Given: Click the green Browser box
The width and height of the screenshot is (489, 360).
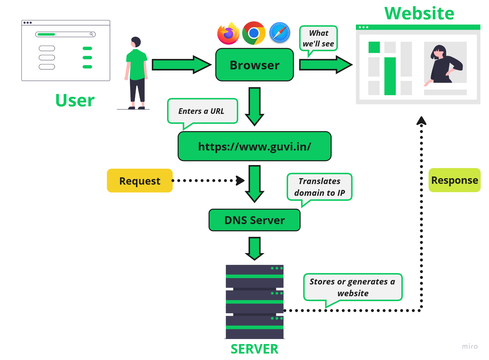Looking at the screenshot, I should coord(254,65).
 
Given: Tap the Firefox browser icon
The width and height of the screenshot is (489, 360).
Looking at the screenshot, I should coord(228,33).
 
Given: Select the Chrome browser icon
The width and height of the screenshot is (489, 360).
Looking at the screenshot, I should coord(254,33).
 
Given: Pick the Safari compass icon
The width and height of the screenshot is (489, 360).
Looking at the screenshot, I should coord(280,33).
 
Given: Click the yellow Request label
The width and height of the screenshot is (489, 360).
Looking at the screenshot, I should coord(140,181).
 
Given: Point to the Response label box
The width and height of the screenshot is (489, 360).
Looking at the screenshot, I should coord(454,180).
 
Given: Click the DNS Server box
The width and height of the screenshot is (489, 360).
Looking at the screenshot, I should coord(254,220).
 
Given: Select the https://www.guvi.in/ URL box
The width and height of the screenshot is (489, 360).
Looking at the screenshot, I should coord(254,146).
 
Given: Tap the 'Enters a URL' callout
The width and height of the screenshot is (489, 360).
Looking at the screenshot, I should coord(202,111).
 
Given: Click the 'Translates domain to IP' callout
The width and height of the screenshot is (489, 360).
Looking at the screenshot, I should coord(319,187).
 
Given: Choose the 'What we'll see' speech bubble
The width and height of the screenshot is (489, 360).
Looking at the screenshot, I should coord(318,38).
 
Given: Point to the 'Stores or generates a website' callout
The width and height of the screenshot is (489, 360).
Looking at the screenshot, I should coord(353,287).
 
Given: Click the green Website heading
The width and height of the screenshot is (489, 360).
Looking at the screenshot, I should coord(419,13).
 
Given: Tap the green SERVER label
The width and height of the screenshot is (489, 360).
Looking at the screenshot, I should coord(254,349).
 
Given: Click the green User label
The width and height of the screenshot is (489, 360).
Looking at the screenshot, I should coord(75,100).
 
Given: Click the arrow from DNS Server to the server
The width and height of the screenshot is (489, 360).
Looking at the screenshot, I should coord(254,248).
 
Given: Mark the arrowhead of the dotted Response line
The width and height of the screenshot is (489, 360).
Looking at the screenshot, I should coord(421,121).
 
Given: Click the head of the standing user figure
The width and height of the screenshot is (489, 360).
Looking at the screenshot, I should coord(136,42).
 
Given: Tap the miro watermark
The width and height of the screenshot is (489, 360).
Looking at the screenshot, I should coord(470,346).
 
